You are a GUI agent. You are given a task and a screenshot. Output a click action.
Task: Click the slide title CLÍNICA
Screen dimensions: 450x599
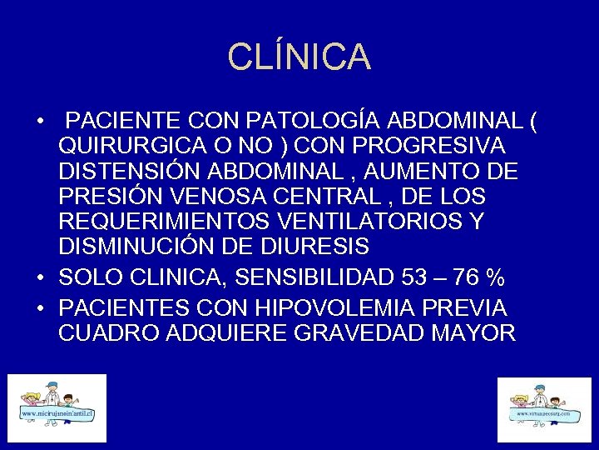click(x=299, y=57)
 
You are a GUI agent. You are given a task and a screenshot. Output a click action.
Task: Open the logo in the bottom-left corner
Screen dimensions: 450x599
click(x=57, y=408)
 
